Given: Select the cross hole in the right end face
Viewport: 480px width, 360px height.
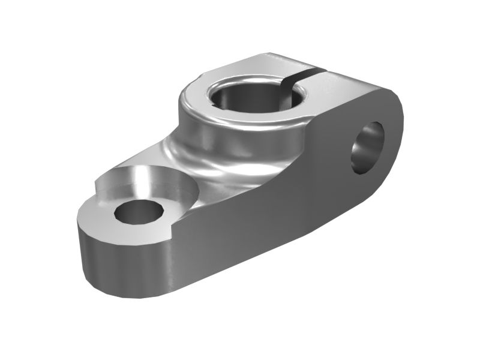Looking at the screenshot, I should [x=368, y=148].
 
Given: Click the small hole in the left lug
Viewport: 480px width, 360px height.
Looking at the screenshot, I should [x=139, y=211].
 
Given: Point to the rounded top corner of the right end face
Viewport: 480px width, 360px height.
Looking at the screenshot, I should [x=393, y=96].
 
